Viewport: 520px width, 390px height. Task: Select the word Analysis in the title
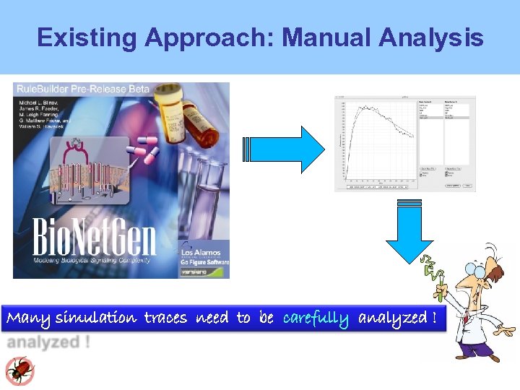point(438,38)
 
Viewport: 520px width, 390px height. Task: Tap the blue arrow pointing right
point(286,149)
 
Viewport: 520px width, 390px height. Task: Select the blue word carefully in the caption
point(316,318)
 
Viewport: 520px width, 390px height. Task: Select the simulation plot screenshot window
point(404,143)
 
